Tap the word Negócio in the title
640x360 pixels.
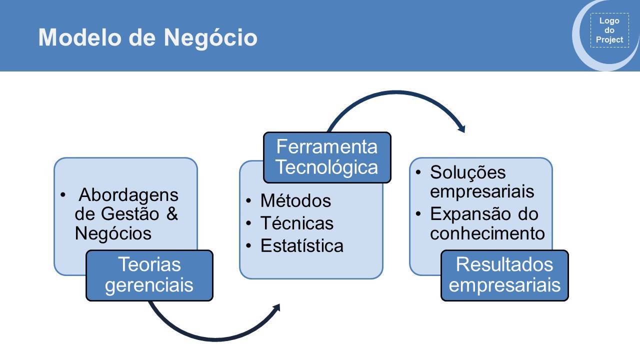[210, 38]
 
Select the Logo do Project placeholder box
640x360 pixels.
[609, 30]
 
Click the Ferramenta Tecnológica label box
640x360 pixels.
[327, 157]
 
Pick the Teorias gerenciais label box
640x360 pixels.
[149, 275]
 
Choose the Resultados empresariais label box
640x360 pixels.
[504, 275]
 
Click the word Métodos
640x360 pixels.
[295, 200]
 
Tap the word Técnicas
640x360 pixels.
[297, 223]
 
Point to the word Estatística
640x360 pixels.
[301, 245]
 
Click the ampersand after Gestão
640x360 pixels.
[172, 213]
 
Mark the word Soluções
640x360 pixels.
[468, 172]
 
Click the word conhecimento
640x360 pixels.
[487, 233]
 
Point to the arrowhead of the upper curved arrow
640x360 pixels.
[461, 129]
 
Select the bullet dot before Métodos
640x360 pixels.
[248, 201]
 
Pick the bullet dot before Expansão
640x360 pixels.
[418, 213]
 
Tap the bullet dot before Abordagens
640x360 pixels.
[63, 195]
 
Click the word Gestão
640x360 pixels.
[130, 213]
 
